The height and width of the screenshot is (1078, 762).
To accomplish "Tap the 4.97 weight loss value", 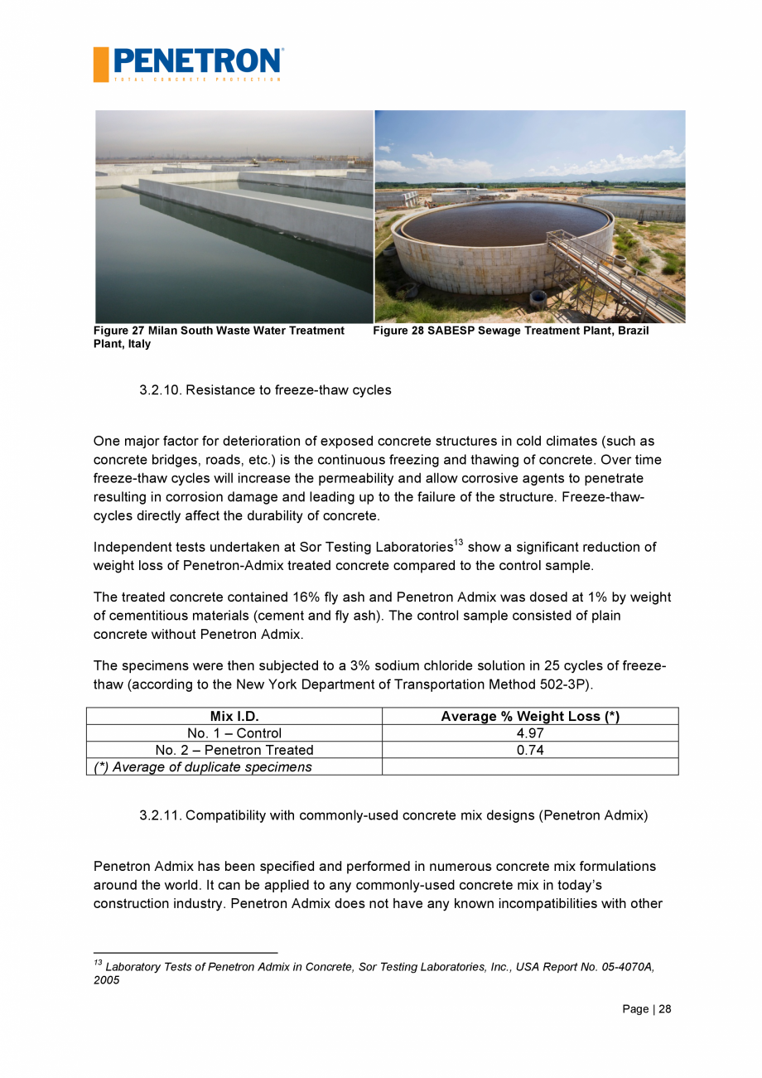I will click(529, 733).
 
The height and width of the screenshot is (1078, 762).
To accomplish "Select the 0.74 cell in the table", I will click(529, 750).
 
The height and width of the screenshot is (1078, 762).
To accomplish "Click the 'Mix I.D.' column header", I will click(234, 717).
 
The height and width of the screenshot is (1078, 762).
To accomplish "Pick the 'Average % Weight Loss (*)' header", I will click(529, 717).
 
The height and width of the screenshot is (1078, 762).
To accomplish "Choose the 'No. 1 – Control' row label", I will click(234, 733).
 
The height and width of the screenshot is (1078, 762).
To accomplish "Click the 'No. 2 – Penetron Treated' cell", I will click(234, 750).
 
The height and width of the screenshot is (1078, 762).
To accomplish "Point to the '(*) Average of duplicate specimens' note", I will click(203, 767).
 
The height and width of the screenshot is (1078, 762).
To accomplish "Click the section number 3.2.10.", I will click(160, 389).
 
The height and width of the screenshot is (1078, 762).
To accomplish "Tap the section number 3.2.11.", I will click(160, 815).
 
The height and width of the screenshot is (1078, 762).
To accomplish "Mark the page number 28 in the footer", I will click(664, 1009).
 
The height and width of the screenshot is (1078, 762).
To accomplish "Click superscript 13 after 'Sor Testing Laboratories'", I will click(458, 543).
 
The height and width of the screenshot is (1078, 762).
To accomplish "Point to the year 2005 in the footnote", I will click(107, 980).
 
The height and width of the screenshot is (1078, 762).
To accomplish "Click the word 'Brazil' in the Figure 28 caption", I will click(632, 331).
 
